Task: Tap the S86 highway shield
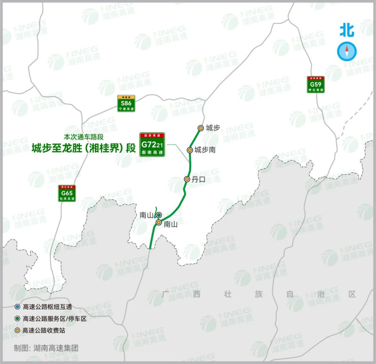click(126, 103)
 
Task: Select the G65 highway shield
click(67, 194)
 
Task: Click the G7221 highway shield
click(152, 144)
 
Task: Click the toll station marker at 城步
click(201, 128)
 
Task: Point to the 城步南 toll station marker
click(190, 150)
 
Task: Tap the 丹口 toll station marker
click(187, 179)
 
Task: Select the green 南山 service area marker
click(159, 215)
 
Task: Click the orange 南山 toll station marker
click(159, 222)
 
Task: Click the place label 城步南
click(205, 150)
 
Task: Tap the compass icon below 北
click(347, 51)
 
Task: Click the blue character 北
click(347, 31)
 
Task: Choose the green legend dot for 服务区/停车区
click(17, 318)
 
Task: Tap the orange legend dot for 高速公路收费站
click(17, 330)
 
